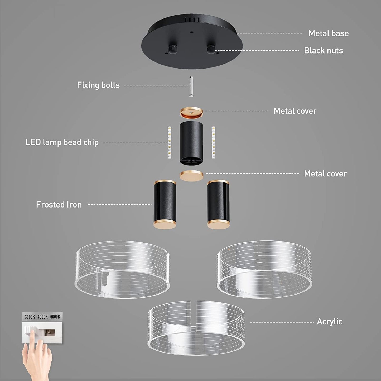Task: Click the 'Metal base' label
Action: [x=329, y=33]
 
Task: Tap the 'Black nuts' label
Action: [x=323, y=50]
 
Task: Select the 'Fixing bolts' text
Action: [x=98, y=85]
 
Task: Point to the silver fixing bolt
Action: [x=191, y=86]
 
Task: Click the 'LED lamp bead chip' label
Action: [x=62, y=142]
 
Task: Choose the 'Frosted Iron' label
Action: [x=59, y=204]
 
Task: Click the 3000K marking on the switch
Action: [x=30, y=317]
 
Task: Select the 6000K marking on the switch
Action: [x=55, y=317]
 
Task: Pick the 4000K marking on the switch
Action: [x=42, y=317]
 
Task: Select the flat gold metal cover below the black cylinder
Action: [x=191, y=176]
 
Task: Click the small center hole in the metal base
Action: [x=191, y=32]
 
